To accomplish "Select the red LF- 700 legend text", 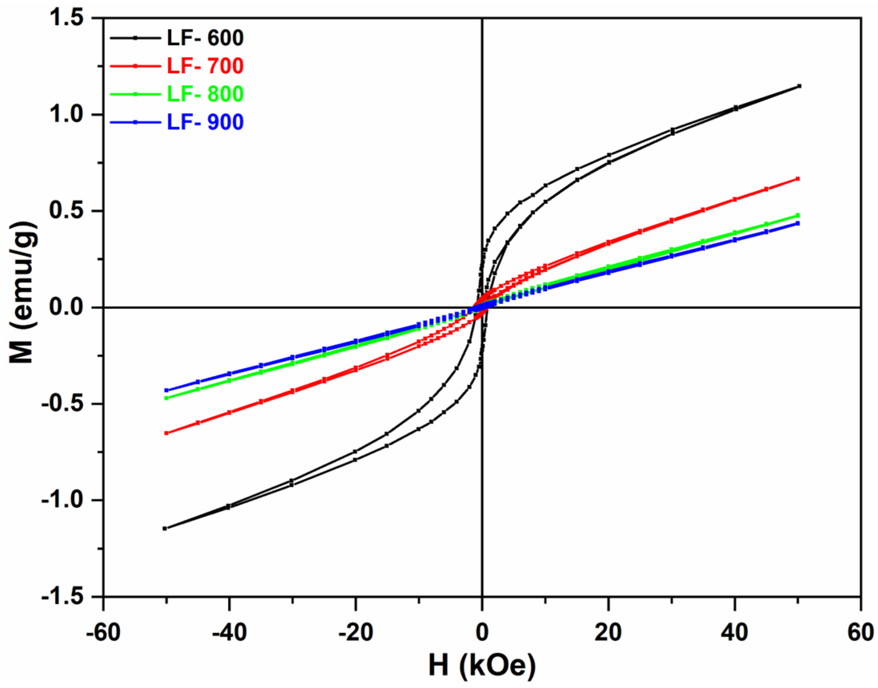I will pos(205,66).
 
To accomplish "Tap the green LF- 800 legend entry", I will pos(205,94).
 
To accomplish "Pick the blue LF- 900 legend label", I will pos(205,122).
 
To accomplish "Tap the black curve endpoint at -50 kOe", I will pos(165,528).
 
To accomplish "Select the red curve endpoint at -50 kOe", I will pos(166,433).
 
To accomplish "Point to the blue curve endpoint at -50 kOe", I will pos(166,390).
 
